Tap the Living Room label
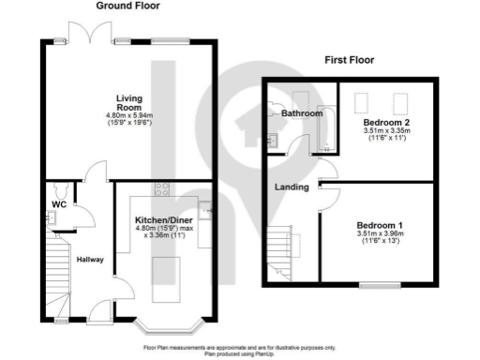point(129,102)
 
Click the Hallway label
point(90,260)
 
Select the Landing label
point(292,187)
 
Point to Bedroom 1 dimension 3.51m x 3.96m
point(379,238)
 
